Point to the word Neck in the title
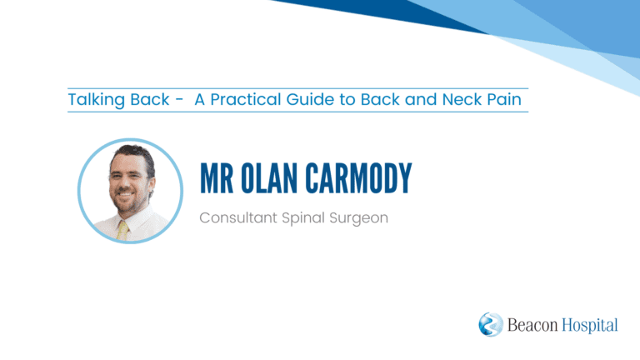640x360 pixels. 462,100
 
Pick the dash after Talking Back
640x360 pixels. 179,100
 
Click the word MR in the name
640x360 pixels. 217,178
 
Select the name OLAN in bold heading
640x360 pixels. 269,178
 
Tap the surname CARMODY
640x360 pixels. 359,178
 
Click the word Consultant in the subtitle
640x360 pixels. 238,217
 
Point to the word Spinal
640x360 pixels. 303,218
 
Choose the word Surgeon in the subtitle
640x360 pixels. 359,218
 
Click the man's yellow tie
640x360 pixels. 122,231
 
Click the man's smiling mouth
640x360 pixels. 125,196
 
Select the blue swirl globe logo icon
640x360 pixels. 491,324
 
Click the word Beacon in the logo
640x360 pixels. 532,325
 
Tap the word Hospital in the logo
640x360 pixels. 590,326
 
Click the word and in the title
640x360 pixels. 421,100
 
